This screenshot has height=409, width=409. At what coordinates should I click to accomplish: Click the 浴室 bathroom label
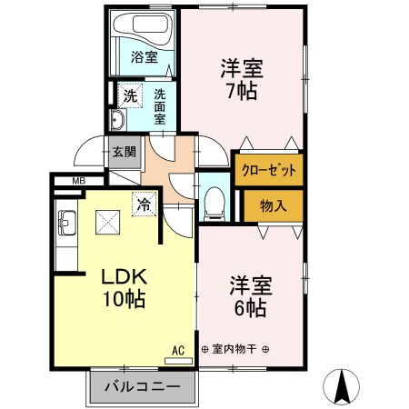point(145,56)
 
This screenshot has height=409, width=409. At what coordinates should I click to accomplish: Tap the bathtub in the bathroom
point(143,26)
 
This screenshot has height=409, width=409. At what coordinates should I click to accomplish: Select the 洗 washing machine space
point(130,95)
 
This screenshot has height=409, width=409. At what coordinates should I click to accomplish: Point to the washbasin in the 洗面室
point(118,120)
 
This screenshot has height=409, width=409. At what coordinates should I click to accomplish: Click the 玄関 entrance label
point(125,152)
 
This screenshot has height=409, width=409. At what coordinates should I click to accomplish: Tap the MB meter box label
point(79,181)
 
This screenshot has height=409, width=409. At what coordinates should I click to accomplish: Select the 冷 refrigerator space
point(144,204)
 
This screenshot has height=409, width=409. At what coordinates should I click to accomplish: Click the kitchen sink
point(67,223)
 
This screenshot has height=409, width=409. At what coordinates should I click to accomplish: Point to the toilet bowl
point(214,203)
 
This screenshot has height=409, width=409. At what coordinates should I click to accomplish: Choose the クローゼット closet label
point(269,170)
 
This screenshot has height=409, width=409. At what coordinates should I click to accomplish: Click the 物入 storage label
point(273,206)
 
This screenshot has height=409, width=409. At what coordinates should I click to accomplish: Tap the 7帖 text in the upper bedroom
point(242,91)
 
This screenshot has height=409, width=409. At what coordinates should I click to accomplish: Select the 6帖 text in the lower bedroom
point(251,308)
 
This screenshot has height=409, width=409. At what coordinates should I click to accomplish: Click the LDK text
point(125,276)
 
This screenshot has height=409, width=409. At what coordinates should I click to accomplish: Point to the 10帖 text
point(125,299)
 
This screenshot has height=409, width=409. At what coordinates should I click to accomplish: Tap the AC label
point(178,351)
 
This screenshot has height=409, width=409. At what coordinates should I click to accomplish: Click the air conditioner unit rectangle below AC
point(178,361)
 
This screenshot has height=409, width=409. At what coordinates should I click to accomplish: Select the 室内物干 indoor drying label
point(234,349)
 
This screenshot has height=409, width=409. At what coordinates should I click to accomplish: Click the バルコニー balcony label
point(143,386)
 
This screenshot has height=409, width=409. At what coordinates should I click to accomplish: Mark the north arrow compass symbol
point(342,387)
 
